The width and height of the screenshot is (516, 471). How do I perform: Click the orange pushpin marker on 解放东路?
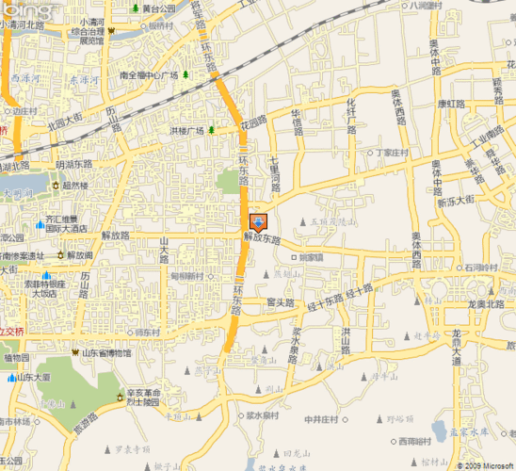[x=258, y=222]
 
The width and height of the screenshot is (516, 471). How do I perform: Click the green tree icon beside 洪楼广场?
[x=212, y=130]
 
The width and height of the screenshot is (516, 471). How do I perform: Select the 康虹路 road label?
[x=451, y=105]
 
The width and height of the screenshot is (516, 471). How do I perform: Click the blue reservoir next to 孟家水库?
[x=439, y=431]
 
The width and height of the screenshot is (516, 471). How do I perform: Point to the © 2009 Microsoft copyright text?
[x=483, y=464]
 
